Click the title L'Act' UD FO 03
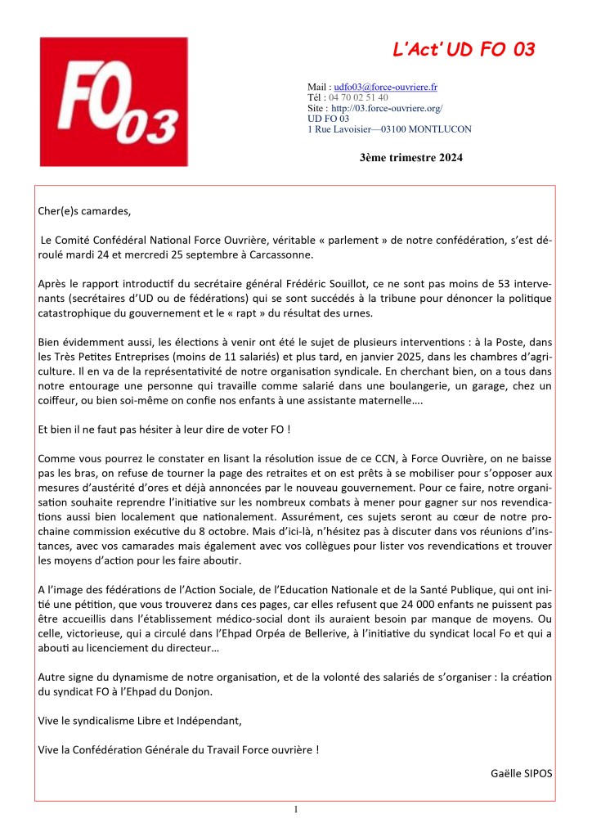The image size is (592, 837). pos(463,50)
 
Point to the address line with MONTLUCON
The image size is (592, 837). pos(389,128)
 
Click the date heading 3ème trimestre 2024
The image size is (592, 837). pos(410,156)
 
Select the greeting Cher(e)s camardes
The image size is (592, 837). pos(84,211)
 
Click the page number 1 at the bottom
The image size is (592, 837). pos(296,810)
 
